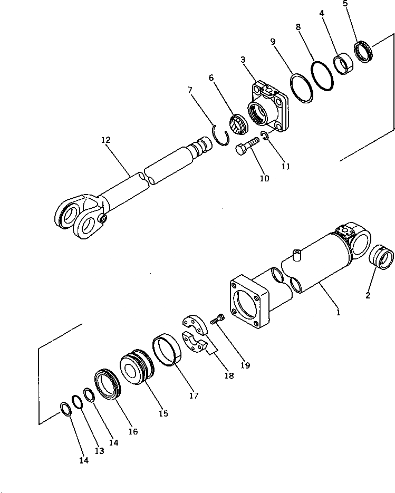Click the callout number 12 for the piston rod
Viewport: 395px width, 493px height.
pyautogui.click(x=106, y=140)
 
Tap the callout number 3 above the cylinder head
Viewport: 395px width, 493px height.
pyautogui.click(x=243, y=60)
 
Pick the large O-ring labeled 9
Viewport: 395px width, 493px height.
pyautogui.click(x=302, y=88)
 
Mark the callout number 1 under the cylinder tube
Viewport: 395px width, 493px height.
pyautogui.click(x=339, y=312)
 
